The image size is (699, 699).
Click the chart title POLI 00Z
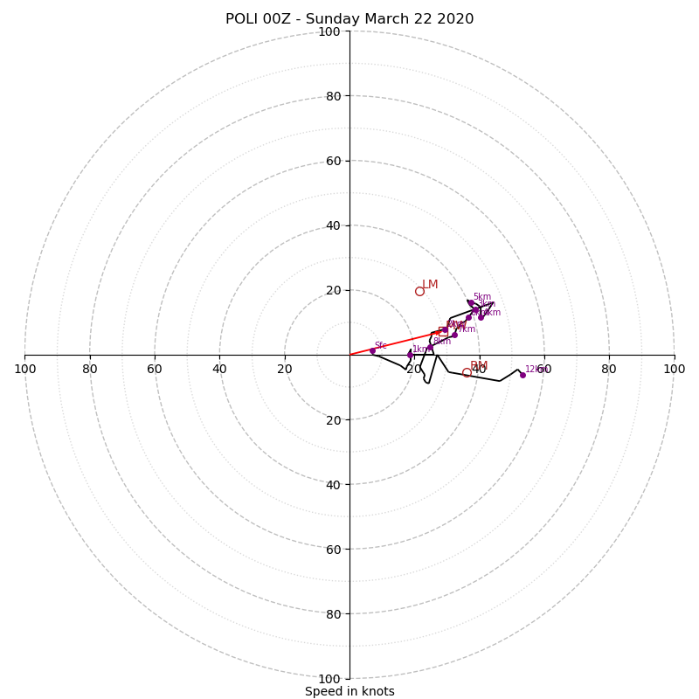click(x=349, y=19)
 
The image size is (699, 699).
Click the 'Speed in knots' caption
click(x=349, y=691)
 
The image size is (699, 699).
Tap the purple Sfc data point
click(x=372, y=350)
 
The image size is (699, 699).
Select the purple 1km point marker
click(x=410, y=355)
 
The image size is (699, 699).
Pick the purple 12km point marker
click(x=523, y=375)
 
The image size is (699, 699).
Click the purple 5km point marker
click(x=470, y=302)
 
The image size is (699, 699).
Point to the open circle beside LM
click(x=419, y=291)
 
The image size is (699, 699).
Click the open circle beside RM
click(x=467, y=372)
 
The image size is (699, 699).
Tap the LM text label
click(x=430, y=285)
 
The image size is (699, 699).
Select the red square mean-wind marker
click(x=443, y=331)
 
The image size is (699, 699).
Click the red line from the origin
click(x=393, y=343)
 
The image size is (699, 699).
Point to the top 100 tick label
click(x=329, y=31)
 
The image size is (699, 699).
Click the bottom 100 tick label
click(x=329, y=679)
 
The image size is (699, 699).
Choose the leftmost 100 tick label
click(x=25, y=369)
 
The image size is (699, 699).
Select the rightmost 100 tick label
click(x=674, y=369)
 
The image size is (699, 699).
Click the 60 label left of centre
click(x=155, y=369)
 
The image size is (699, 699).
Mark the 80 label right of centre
click(x=609, y=369)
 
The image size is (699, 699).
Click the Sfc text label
click(x=380, y=346)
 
